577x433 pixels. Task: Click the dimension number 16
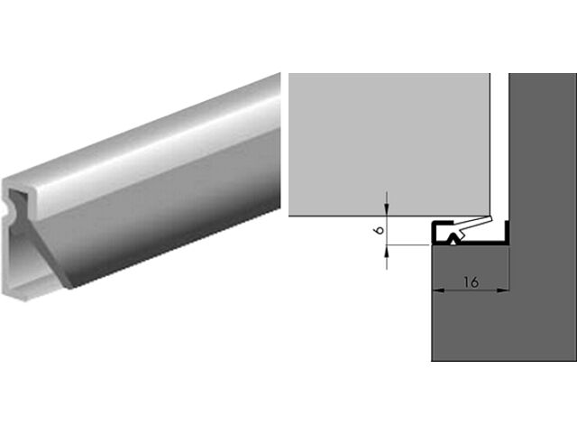tap(470, 281)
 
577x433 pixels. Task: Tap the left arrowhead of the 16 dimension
tap(436, 290)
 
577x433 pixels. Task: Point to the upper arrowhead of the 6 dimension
tap(386, 213)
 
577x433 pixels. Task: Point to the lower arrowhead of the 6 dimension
tap(386, 250)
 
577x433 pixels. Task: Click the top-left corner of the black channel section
tap(434, 222)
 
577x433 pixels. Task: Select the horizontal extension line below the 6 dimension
tap(406, 245)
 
